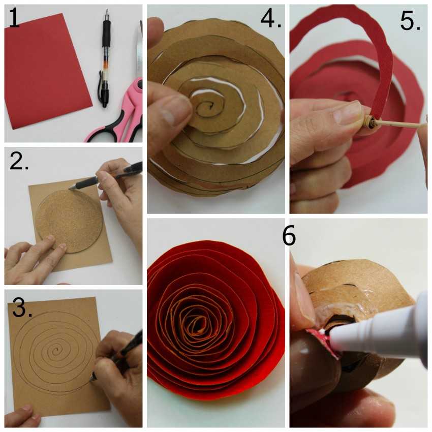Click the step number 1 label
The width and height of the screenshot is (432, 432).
14,18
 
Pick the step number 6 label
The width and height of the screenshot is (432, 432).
289,235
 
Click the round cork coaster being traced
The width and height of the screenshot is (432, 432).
70,221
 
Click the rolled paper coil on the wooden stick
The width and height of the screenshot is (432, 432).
369,121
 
